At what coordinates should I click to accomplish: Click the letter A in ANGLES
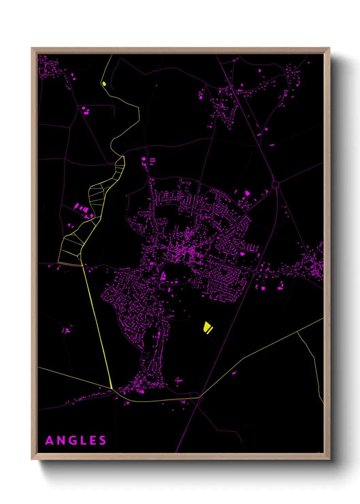[50, 440]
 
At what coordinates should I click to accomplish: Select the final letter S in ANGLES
[102, 440]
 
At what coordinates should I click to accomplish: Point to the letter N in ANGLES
[63, 440]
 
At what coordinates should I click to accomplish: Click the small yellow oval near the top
[104, 83]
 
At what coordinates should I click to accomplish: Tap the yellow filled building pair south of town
[208, 328]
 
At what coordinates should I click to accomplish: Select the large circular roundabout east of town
[275, 184]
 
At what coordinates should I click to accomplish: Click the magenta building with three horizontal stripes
[152, 160]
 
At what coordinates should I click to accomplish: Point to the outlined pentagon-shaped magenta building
[247, 193]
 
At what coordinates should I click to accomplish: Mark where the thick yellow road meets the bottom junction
[112, 389]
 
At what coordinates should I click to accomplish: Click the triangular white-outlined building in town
[163, 276]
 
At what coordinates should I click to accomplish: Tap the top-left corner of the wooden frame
[32, 48]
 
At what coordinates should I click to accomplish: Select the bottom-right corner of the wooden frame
[329, 459]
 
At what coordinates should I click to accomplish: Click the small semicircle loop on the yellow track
[80, 256]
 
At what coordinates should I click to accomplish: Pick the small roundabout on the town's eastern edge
[255, 272]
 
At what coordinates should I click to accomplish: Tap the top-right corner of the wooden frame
[329, 48]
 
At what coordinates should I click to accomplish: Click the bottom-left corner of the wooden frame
[32, 459]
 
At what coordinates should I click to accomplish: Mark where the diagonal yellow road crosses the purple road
[201, 396]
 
